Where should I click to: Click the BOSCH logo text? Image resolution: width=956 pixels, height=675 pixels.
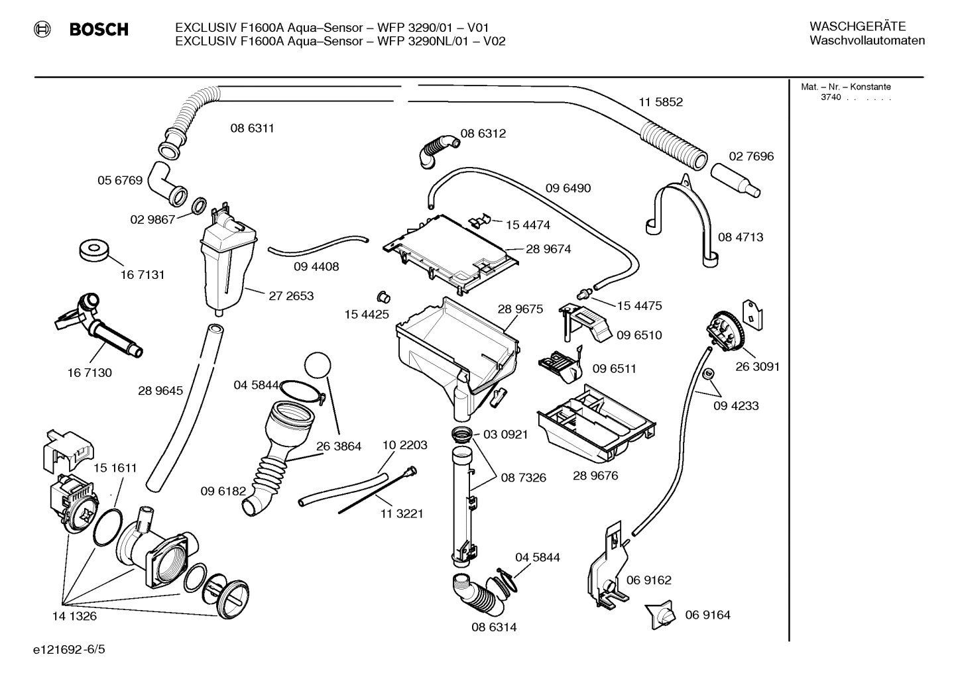pos(99,29)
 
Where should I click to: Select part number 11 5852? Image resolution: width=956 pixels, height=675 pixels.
pos(660,102)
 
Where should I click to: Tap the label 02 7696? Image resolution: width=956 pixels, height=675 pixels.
pos(751,156)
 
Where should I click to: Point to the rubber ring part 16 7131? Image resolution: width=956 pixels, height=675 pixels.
pos(93,251)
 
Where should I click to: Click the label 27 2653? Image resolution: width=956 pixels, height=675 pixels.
pos(291,296)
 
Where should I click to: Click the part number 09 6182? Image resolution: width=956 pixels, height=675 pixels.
pos(223,491)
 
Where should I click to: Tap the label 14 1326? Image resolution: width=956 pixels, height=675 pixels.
pos(74,616)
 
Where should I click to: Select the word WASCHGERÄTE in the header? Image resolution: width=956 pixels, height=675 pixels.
pos(857,26)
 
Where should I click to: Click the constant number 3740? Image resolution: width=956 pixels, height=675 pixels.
pos(831,97)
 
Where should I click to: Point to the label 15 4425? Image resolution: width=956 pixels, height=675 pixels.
pos(367,315)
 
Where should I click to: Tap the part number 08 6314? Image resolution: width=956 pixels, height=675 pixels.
pos(494,627)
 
